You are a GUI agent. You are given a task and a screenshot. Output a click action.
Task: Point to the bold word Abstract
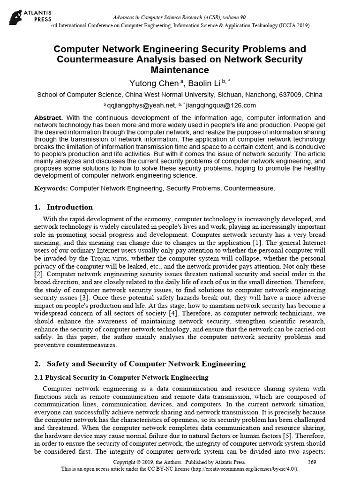click(x=49, y=117)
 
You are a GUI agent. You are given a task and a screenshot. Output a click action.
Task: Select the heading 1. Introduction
click(x=63, y=207)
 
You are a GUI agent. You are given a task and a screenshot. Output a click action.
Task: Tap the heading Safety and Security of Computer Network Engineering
click(x=146, y=363)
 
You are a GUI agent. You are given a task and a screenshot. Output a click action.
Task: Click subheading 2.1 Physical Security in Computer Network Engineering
click(x=121, y=377)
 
